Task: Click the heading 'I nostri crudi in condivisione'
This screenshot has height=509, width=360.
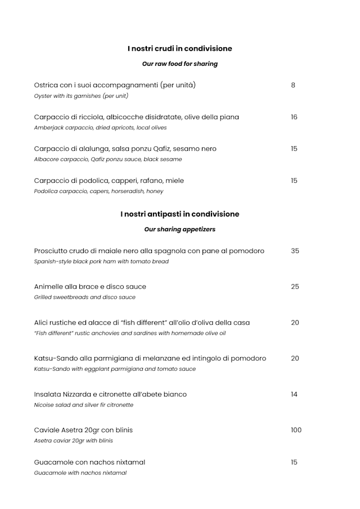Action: [x=179, y=48]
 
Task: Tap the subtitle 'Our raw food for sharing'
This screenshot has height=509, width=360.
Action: [x=179, y=64]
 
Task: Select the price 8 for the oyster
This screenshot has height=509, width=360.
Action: [x=293, y=85]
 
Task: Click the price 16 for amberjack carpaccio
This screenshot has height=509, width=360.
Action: [x=294, y=117]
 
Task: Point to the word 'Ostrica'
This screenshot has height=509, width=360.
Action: [x=47, y=85]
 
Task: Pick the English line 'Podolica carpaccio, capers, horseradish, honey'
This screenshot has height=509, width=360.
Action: [x=98, y=191]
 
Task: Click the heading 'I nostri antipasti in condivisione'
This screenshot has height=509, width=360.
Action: [x=179, y=214]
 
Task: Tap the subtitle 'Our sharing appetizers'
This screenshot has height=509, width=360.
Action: [x=179, y=229]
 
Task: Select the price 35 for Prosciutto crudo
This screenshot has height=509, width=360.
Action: [x=295, y=251]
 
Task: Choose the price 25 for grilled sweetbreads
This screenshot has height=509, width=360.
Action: [x=295, y=287]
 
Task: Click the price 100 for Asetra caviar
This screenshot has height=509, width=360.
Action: [x=296, y=430]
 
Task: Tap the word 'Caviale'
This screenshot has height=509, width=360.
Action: [x=47, y=430]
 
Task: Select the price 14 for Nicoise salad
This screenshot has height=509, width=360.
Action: [x=294, y=394]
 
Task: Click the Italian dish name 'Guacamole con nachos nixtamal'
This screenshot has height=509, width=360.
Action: [x=89, y=462]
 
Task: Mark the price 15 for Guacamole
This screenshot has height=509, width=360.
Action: [x=294, y=462]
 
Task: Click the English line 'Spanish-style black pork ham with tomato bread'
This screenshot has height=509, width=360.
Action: [x=101, y=262]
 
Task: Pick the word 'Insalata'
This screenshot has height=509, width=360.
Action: [x=48, y=394]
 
